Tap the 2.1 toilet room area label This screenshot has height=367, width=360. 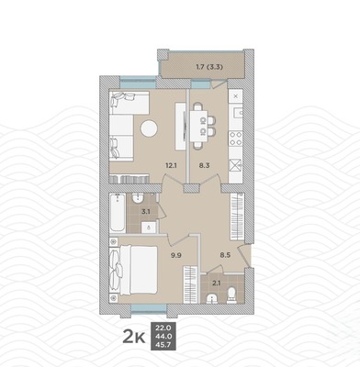(216, 284)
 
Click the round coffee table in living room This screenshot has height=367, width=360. (149, 130)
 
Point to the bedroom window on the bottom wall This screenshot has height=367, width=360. (148, 305)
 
